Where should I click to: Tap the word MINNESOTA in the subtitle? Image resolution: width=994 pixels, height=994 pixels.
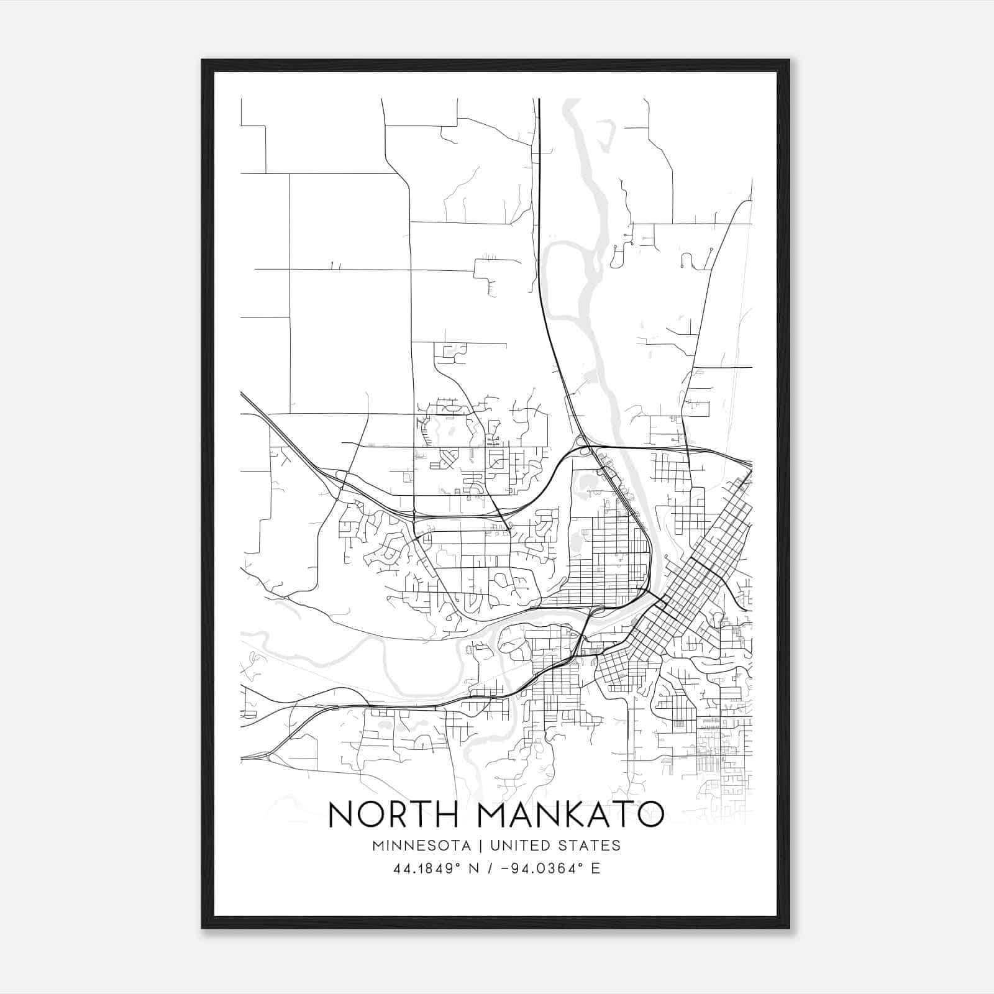pyautogui.click(x=421, y=845)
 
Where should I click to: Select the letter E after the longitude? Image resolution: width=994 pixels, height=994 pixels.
pyautogui.click(x=596, y=869)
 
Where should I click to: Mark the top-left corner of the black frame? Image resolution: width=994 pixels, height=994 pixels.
pyautogui.click(x=203, y=60)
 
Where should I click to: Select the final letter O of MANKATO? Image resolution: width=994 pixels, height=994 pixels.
pyautogui.click(x=650, y=814)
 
